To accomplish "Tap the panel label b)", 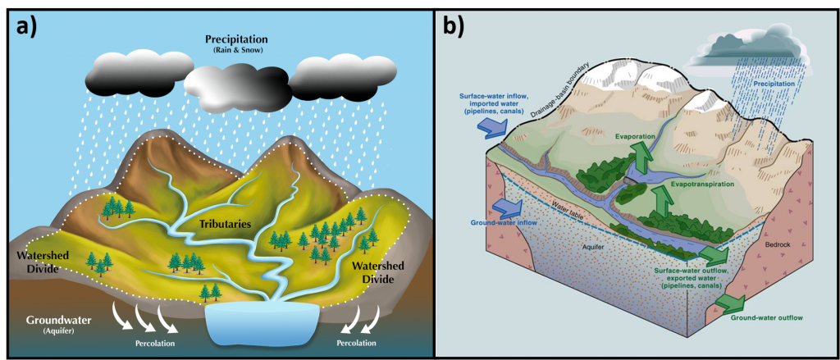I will click(x=454, y=25).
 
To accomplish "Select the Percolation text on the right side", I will click(x=357, y=343).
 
